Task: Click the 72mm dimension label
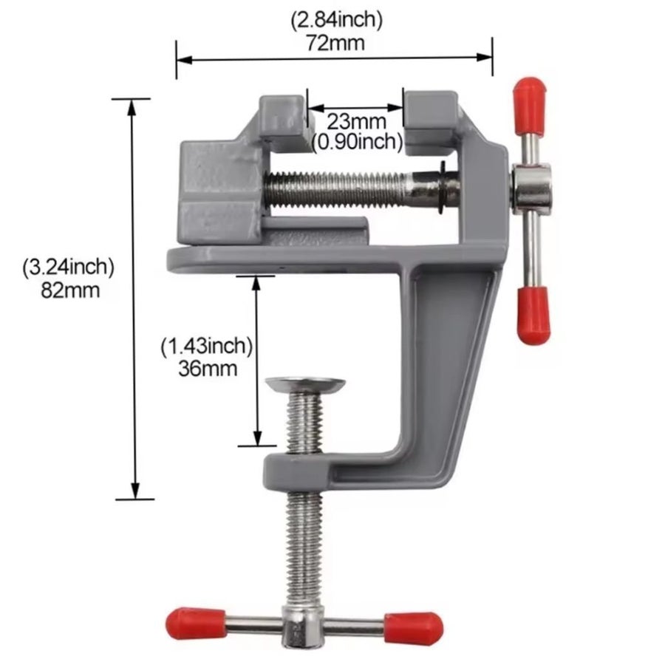click(335, 43)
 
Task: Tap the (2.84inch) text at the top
click(336, 20)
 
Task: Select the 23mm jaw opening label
click(356, 122)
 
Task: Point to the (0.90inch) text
click(357, 142)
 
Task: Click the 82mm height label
click(70, 290)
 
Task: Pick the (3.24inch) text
click(69, 267)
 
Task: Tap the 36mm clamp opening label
click(208, 368)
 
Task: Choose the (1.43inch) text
click(207, 346)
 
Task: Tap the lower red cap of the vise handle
click(533, 315)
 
